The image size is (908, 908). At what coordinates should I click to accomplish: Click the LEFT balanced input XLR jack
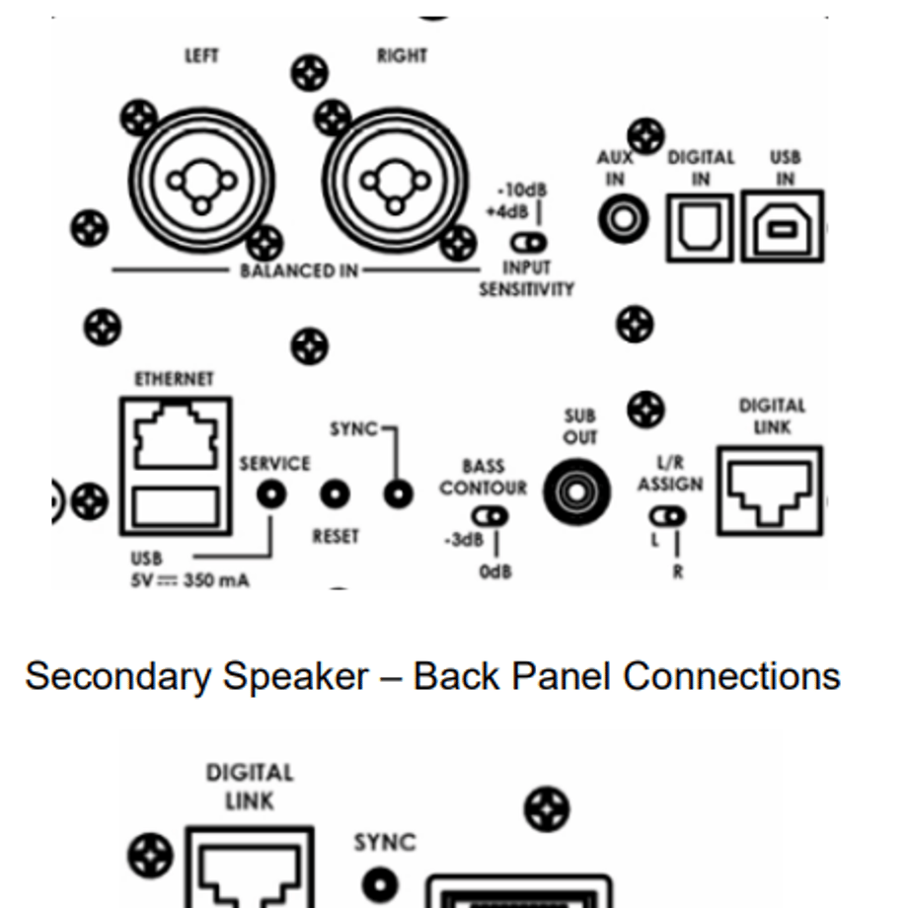[201, 181]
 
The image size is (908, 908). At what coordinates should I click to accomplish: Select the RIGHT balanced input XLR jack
[395, 181]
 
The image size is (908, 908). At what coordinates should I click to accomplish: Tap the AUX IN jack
[623, 219]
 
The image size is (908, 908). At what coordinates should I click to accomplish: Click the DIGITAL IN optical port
[700, 228]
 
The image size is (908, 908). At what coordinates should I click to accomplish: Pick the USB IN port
[783, 226]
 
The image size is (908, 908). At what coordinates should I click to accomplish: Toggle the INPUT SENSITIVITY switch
[529, 243]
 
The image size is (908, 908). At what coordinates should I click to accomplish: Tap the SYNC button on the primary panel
[399, 493]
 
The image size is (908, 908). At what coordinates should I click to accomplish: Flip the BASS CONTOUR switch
[490, 516]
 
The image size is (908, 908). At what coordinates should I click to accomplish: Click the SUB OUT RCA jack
[576, 492]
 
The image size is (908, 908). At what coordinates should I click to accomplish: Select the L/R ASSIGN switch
[668, 516]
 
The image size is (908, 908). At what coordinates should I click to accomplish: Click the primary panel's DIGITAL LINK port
[770, 492]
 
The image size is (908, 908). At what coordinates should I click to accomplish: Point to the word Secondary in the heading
[118, 677]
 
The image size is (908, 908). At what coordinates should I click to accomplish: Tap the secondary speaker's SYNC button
[380, 885]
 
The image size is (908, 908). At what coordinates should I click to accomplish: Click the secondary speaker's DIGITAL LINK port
[250, 868]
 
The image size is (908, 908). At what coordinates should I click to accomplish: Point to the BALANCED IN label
[299, 270]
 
